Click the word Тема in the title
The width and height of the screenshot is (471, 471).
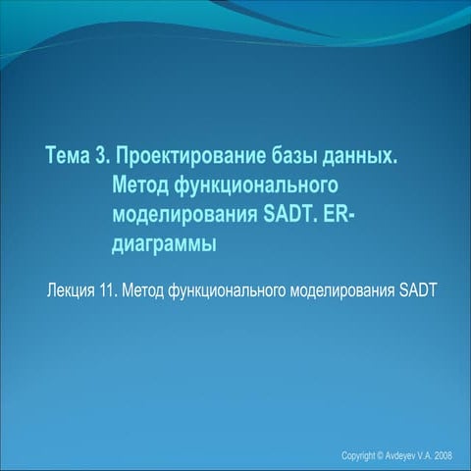(x=72, y=156)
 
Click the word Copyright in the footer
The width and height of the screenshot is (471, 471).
(x=358, y=456)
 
